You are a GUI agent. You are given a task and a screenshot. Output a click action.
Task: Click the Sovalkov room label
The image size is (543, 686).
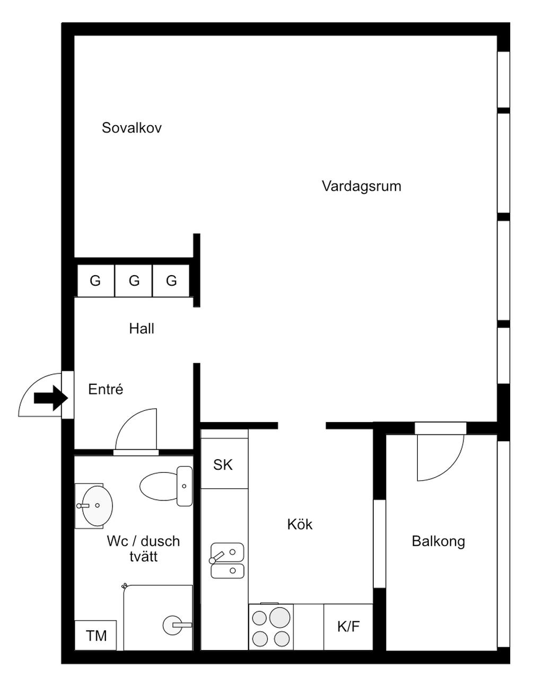[x=132, y=128]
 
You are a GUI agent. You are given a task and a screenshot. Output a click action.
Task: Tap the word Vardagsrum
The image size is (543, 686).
[x=361, y=186]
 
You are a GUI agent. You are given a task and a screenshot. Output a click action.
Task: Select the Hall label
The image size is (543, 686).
[x=142, y=329]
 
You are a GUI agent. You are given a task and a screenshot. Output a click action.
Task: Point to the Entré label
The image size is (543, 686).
[x=106, y=389]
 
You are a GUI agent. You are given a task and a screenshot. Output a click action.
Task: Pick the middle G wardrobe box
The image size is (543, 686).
[x=134, y=280]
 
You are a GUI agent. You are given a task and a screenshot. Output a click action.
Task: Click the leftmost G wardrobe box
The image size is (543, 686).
[x=95, y=280]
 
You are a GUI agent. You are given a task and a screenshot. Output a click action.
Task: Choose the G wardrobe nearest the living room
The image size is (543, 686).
[x=171, y=280]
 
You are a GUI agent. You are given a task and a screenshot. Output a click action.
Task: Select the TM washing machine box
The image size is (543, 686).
[x=96, y=635]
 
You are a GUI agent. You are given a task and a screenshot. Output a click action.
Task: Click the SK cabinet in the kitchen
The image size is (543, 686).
[x=223, y=465]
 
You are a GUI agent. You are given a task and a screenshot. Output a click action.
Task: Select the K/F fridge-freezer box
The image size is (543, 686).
[x=348, y=627]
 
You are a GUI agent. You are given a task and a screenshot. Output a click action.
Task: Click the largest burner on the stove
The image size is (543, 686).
[x=280, y=617]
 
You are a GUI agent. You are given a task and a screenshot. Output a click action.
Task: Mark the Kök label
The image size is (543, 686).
[x=300, y=524]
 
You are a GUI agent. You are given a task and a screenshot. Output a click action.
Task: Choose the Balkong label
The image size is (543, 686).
[x=438, y=541]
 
